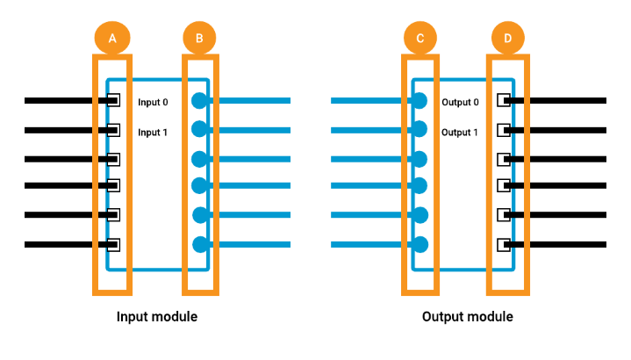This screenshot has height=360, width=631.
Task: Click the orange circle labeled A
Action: (112, 38)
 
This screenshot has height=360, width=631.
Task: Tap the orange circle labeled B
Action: (199, 38)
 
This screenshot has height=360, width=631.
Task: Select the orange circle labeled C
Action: (420, 38)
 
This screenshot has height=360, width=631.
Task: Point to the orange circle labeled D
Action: (508, 38)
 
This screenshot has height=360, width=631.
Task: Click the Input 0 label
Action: (153, 102)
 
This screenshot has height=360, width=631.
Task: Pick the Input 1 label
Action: (153, 133)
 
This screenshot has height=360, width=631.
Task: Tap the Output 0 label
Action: (461, 102)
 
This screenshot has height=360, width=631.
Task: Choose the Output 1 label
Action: (460, 133)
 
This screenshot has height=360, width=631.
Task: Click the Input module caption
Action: (157, 316)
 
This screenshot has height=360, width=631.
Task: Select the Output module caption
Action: (468, 316)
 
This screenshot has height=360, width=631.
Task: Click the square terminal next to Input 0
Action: (113, 100)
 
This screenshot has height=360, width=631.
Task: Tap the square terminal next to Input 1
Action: (113, 130)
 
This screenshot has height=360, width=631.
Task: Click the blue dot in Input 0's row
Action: (199, 101)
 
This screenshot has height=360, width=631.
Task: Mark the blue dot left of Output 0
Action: (419, 101)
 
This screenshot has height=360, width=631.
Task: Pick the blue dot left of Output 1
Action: (419, 129)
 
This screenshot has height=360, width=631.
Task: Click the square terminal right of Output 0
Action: (504, 100)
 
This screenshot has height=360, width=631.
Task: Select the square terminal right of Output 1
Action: (504, 130)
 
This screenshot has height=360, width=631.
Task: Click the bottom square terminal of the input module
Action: (113, 245)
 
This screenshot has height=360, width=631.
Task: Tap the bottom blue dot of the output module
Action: (420, 244)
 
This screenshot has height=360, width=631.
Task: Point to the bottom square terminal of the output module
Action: (504, 245)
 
